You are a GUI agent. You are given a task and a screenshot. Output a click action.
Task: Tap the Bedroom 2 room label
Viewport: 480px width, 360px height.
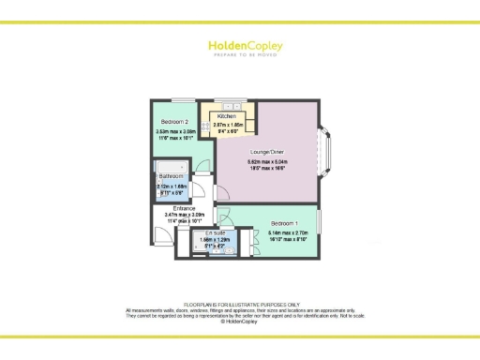(x=175, y=122)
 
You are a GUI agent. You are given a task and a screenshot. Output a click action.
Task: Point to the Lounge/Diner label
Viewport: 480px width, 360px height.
(x=266, y=152)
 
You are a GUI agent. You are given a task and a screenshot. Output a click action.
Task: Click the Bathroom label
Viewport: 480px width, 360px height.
(x=171, y=175)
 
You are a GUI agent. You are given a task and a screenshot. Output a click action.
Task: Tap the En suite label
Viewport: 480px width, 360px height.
(x=215, y=232)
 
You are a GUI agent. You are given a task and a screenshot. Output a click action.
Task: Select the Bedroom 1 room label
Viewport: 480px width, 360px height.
(x=285, y=223)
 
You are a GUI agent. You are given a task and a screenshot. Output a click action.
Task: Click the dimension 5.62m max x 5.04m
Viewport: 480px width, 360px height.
(x=266, y=162)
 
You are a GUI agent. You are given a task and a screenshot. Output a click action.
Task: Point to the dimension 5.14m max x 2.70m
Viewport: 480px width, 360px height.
(x=285, y=232)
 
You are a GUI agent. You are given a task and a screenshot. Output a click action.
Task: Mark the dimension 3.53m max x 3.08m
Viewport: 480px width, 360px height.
(x=175, y=132)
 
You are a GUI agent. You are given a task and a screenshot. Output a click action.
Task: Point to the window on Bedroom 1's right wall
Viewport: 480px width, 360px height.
(x=320, y=224)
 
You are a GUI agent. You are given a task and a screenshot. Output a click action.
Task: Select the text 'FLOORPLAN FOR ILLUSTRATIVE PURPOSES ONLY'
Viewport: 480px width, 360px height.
(x=240, y=305)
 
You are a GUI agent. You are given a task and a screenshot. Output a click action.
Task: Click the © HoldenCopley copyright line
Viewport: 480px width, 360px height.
(x=240, y=322)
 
